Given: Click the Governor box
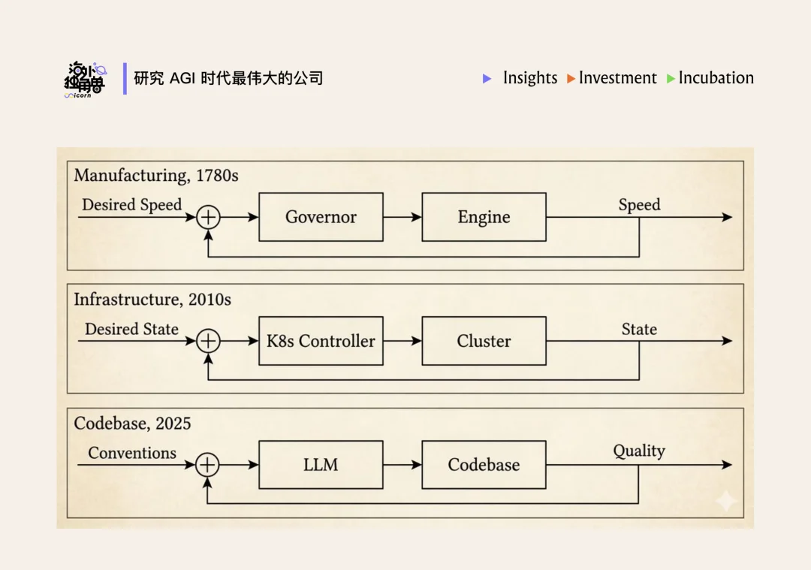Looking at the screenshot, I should click(x=321, y=217).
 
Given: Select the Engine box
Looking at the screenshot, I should click(x=484, y=217).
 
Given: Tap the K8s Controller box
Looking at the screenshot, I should click(x=321, y=341).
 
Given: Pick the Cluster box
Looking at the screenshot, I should click(x=484, y=341).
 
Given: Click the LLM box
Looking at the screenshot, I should click(x=321, y=465).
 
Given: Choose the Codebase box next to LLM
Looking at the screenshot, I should click(x=484, y=465).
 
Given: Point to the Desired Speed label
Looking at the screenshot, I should click(x=132, y=205).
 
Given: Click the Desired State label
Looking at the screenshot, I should click(x=132, y=329).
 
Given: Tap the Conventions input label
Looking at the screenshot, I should click(x=132, y=453).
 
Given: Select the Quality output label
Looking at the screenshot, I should click(x=639, y=451).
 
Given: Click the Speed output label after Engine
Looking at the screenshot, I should click(x=639, y=205).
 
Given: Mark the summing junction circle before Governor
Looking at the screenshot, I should click(x=208, y=217).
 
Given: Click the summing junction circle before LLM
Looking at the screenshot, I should click(x=208, y=465).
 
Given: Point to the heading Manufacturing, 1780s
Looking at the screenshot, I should click(x=156, y=176).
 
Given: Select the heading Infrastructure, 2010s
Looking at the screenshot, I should click(x=152, y=300).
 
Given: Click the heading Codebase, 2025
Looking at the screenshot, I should click(x=132, y=424).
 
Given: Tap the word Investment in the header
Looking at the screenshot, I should click(x=617, y=78).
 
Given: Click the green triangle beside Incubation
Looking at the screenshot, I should click(x=671, y=79).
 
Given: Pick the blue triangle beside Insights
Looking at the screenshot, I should click(x=487, y=78).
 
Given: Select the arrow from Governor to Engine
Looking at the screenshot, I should click(x=402, y=217).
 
